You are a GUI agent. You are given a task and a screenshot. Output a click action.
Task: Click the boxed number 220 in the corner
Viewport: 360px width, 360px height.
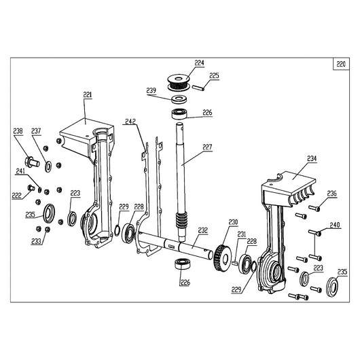[x=341, y=64]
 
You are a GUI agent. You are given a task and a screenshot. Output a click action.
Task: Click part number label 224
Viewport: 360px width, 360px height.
[x=199, y=63]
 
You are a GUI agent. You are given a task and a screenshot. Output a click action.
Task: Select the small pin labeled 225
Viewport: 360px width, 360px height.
[x=198, y=88]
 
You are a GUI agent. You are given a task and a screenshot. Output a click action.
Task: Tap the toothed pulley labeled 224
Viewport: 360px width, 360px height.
[x=179, y=82]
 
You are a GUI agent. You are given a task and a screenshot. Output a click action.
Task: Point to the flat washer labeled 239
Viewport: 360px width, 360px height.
[x=179, y=99]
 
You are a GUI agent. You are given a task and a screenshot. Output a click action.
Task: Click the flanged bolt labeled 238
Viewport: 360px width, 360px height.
[x=32, y=161]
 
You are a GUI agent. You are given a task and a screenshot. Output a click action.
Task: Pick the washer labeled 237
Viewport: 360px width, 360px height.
[x=48, y=166]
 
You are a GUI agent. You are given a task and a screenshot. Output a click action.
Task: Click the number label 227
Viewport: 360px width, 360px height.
[x=207, y=147]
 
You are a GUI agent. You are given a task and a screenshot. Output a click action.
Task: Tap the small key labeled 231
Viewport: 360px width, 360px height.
[x=234, y=262]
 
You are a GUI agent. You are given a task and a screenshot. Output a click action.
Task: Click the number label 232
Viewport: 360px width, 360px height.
[x=203, y=230]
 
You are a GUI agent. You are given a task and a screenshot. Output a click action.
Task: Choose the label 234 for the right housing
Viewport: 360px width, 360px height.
[x=312, y=159]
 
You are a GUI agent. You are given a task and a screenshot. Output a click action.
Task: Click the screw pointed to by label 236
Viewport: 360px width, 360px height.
[x=314, y=209]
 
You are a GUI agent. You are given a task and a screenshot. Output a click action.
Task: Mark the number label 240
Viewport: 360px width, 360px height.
[x=335, y=225]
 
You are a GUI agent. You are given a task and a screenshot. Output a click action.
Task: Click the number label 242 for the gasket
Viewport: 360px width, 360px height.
[x=130, y=122]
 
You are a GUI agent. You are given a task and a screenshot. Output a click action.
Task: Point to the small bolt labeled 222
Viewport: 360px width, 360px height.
[x=31, y=188]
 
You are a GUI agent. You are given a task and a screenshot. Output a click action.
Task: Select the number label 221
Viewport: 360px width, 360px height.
[x=87, y=94]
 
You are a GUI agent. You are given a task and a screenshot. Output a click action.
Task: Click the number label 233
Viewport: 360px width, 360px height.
[x=36, y=242]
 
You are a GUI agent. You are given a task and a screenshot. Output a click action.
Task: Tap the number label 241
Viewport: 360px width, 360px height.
[x=20, y=171]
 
